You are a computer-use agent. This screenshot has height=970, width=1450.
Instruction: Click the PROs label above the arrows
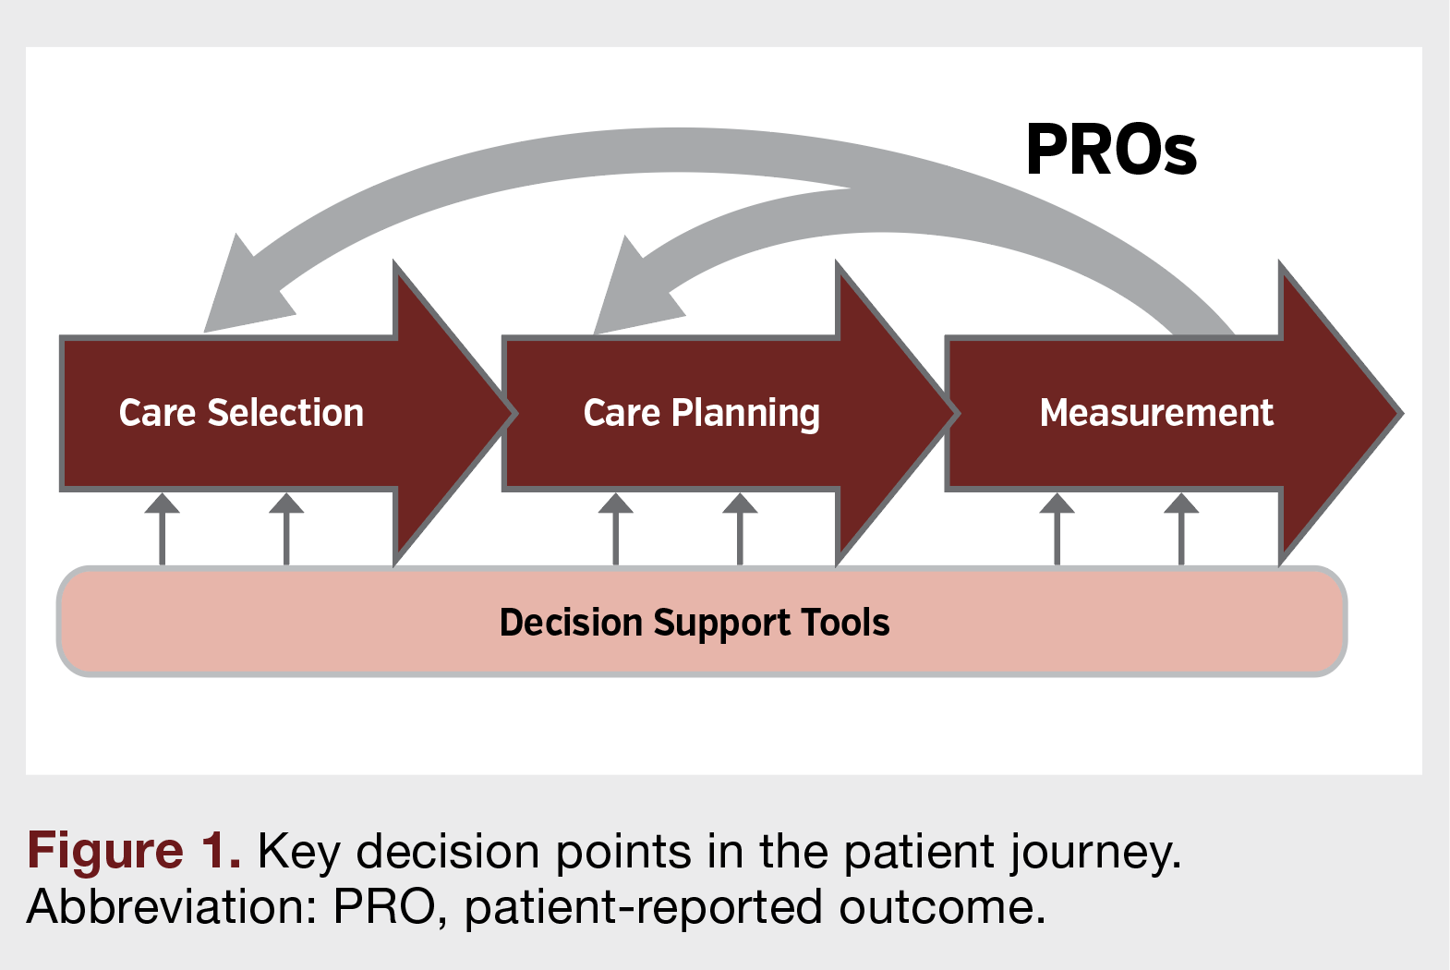point(1111,151)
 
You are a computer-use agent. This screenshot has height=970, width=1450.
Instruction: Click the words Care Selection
point(241,413)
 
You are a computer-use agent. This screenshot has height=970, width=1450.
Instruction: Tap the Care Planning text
point(701,413)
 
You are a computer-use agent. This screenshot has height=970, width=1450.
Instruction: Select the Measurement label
point(1156,413)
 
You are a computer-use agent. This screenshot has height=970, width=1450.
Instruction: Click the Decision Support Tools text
point(694,623)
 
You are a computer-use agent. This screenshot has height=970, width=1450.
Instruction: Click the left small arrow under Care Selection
point(163,527)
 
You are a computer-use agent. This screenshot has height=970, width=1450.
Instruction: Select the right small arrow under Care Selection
point(286,527)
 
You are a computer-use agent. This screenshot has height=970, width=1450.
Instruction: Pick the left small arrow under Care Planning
point(616,527)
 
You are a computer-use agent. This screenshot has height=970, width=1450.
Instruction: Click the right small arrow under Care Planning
point(740,527)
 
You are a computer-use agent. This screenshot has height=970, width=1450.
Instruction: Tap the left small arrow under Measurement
point(1057,527)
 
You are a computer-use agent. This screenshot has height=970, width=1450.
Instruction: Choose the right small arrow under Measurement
point(1181,527)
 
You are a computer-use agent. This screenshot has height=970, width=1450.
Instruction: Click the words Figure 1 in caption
point(134,850)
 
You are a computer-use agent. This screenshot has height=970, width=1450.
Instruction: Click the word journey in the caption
point(1094,852)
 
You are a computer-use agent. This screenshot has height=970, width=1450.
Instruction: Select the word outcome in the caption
point(942,906)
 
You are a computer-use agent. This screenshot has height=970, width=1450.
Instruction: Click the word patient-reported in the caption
point(643,906)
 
